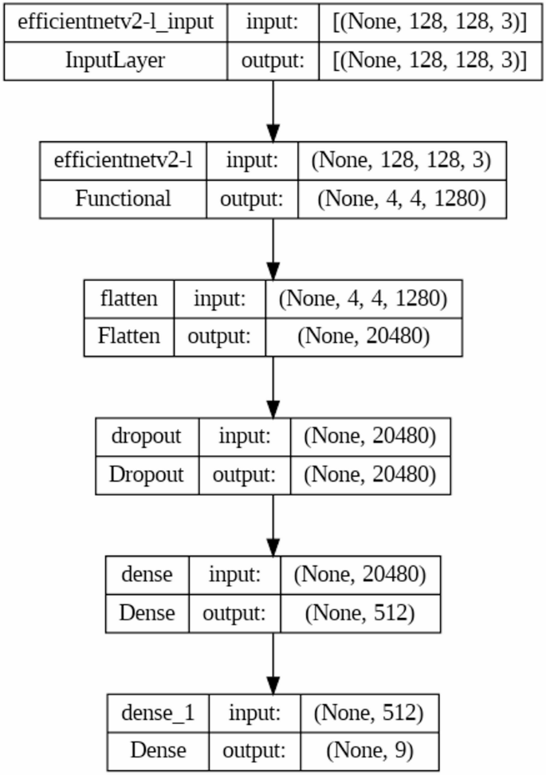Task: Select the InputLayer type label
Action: pos(116,61)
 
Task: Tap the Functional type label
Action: pos(123,198)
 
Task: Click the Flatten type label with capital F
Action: pos(129,336)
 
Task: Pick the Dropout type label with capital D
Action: pos(146,474)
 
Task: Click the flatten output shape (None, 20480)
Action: pos(363,336)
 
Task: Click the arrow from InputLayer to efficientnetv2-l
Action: pos(273,109)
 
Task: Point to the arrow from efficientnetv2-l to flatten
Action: pos(273,247)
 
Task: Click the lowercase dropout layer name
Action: pos(146,435)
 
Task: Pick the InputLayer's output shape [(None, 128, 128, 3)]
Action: pos(429,61)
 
